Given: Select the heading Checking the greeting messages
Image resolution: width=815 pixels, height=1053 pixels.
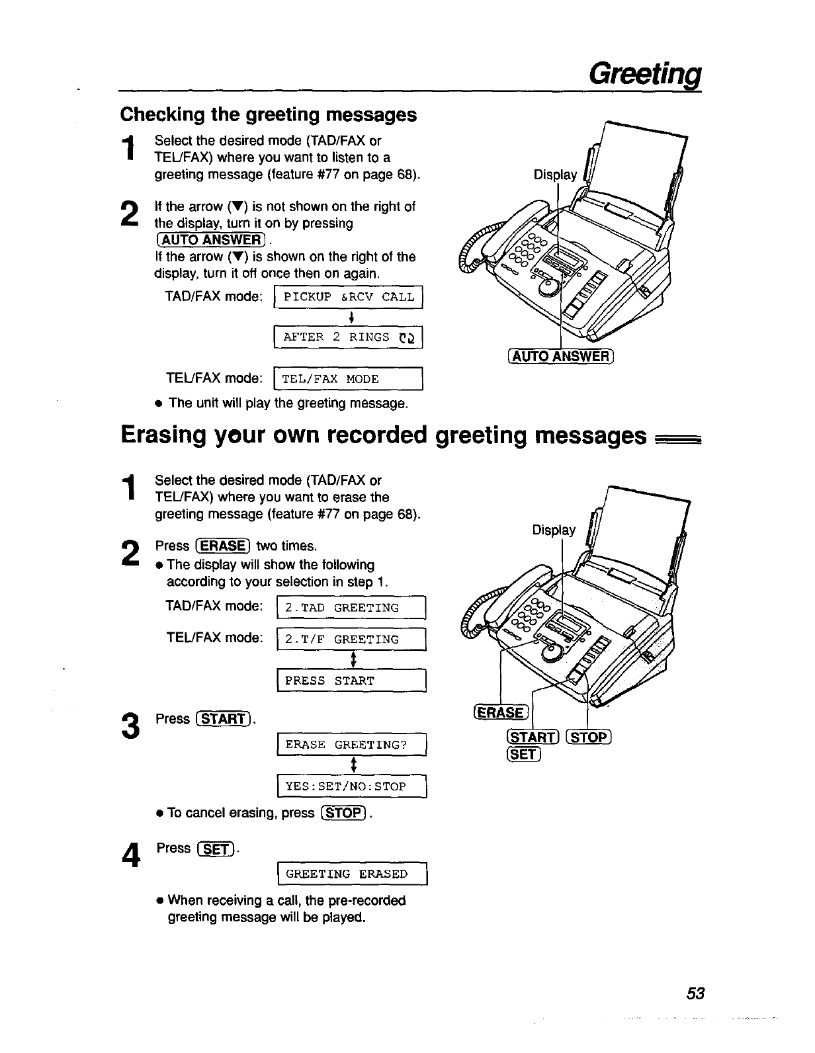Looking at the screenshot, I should [x=269, y=114].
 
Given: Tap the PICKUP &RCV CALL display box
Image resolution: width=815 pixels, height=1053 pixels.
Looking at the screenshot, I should [x=348, y=297].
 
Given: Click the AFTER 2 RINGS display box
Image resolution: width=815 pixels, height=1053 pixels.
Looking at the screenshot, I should [x=348, y=337].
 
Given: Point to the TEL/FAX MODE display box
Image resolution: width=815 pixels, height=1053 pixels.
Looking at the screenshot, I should [x=348, y=379].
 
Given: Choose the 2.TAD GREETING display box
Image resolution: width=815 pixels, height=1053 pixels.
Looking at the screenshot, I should [x=351, y=608].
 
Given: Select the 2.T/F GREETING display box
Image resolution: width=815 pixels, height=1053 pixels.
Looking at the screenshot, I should [x=351, y=640].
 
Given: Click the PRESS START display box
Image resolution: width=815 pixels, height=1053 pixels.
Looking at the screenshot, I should [x=351, y=681].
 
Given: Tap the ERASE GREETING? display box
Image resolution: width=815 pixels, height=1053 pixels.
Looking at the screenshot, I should [x=353, y=745].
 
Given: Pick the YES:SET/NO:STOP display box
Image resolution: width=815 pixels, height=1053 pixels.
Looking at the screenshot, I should [x=353, y=786].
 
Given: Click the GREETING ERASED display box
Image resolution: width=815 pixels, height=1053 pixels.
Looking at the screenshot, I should [x=353, y=874].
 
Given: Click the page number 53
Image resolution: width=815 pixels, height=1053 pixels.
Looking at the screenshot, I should [x=696, y=993].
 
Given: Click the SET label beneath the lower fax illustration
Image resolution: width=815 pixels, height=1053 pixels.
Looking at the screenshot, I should [x=523, y=753].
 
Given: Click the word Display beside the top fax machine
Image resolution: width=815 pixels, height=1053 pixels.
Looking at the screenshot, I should [x=555, y=175].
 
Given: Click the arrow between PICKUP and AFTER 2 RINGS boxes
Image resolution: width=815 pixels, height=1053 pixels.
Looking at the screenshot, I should [x=348, y=317].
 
